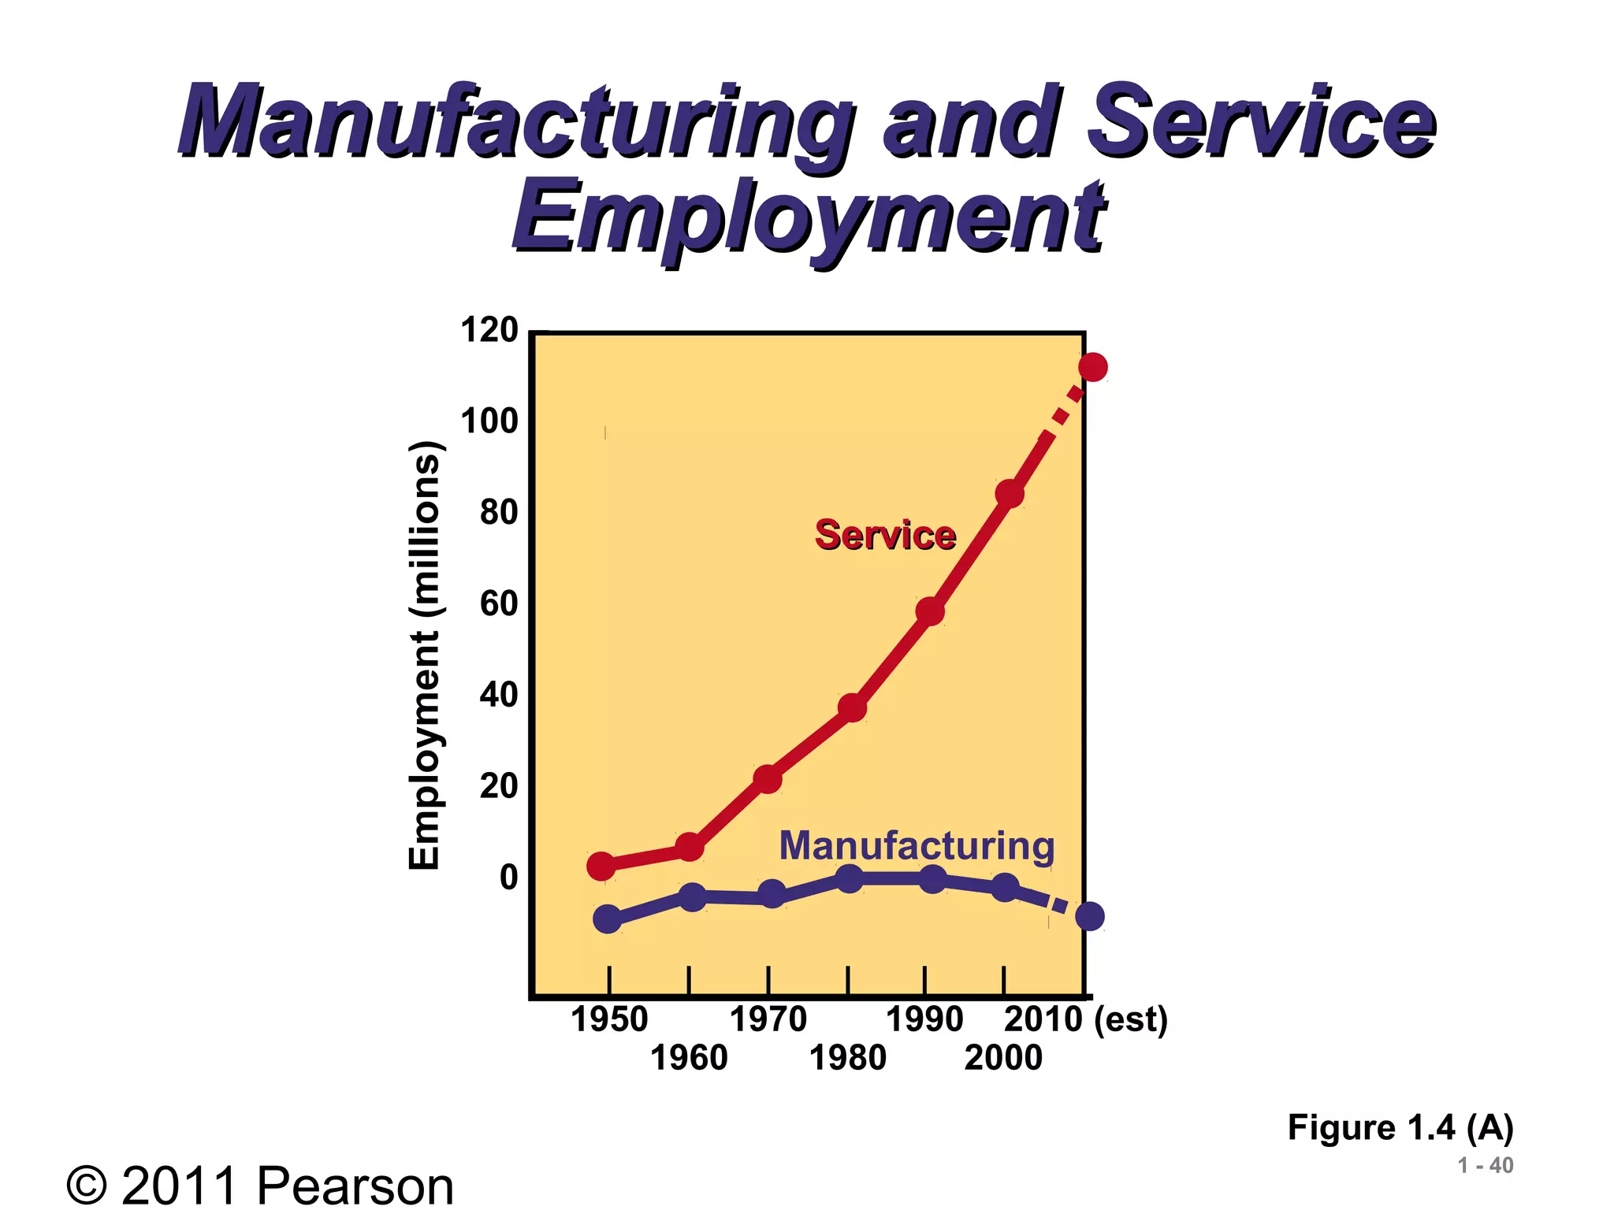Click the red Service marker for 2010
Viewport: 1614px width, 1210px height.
[x=1092, y=367]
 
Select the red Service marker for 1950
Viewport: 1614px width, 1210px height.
[x=601, y=866]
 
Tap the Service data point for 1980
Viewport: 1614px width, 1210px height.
[x=852, y=708]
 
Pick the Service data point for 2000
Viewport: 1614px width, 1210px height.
[x=1010, y=494]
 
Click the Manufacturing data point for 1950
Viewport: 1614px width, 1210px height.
[x=607, y=919]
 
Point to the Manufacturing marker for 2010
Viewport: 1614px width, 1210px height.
[x=1090, y=916]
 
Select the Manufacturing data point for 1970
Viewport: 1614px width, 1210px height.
[x=772, y=894]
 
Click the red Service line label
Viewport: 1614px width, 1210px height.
[x=885, y=536]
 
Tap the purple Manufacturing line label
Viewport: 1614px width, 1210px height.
[x=917, y=846]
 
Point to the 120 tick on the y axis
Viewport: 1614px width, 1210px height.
[x=489, y=331]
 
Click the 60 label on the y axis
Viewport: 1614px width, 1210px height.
[x=499, y=604]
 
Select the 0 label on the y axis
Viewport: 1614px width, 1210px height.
[x=509, y=878]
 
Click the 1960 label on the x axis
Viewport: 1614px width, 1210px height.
[x=689, y=1058]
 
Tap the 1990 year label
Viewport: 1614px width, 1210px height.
[x=924, y=1020]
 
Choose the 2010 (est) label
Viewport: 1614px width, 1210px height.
[x=1085, y=1020]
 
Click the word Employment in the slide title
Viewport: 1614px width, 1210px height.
[x=809, y=217]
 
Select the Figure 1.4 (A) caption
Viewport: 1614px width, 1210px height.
[x=1400, y=1127]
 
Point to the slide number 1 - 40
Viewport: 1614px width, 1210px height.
[x=1485, y=1165]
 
